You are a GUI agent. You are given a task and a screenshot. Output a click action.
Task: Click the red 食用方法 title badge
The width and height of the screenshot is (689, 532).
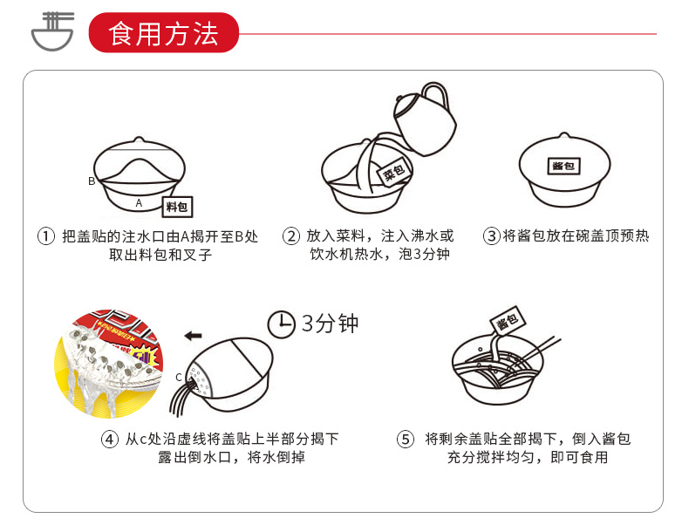click(163, 32)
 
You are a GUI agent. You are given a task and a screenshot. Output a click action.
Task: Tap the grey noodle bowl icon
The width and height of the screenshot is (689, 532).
click(52, 31)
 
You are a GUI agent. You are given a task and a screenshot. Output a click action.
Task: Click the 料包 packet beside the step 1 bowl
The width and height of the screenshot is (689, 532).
click(177, 207)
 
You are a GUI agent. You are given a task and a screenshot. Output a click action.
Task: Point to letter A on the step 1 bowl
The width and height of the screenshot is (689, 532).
click(139, 203)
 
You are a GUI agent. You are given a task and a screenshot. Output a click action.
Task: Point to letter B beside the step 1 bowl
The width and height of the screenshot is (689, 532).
click(92, 181)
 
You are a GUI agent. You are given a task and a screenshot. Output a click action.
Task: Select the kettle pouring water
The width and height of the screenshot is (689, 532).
click(424, 119)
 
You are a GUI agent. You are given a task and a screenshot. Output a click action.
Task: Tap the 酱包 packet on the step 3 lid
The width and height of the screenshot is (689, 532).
click(564, 166)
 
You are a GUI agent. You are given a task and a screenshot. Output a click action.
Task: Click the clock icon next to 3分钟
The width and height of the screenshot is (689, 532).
click(281, 324)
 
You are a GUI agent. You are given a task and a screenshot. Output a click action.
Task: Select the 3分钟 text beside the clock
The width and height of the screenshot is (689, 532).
click(330, 324)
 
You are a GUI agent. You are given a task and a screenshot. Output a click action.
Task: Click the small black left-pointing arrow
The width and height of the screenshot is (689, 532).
click(193, 336)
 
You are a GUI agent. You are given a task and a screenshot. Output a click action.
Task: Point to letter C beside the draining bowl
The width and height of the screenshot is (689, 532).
click(179, 378)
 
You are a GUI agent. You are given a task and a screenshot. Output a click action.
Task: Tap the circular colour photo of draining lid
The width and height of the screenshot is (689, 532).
click(108, 364)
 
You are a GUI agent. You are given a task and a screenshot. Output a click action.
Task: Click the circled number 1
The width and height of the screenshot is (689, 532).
click(45, 236)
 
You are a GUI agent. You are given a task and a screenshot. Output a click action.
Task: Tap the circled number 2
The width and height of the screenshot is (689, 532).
click(291, 236)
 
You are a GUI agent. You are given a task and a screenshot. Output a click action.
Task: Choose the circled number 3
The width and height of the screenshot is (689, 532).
click(492, 236)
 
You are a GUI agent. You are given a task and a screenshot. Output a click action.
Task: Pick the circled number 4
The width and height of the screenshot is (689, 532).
click(110, 440)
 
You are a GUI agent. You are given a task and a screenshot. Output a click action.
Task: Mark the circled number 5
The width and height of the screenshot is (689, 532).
click(406, 440)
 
